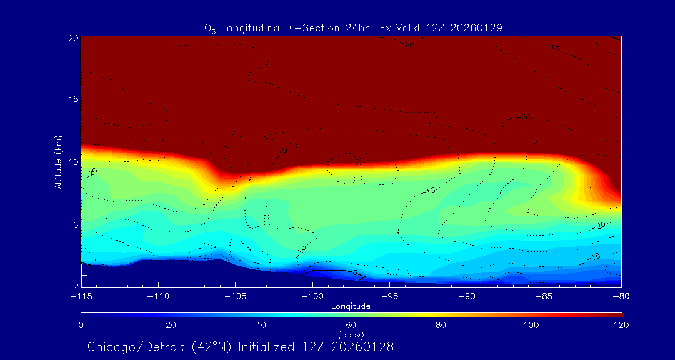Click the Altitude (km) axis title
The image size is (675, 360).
click(x=59, y=161)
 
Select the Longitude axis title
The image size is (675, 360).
click(x=351, y=306)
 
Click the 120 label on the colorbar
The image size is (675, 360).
click(x=621, y=325)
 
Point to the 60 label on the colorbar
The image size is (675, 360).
click(x=351, y=325)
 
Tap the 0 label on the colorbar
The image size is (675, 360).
click(x=81, y=325)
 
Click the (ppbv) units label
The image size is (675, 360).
click(x=351, y=335)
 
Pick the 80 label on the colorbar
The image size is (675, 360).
click(x=441, y=325)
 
